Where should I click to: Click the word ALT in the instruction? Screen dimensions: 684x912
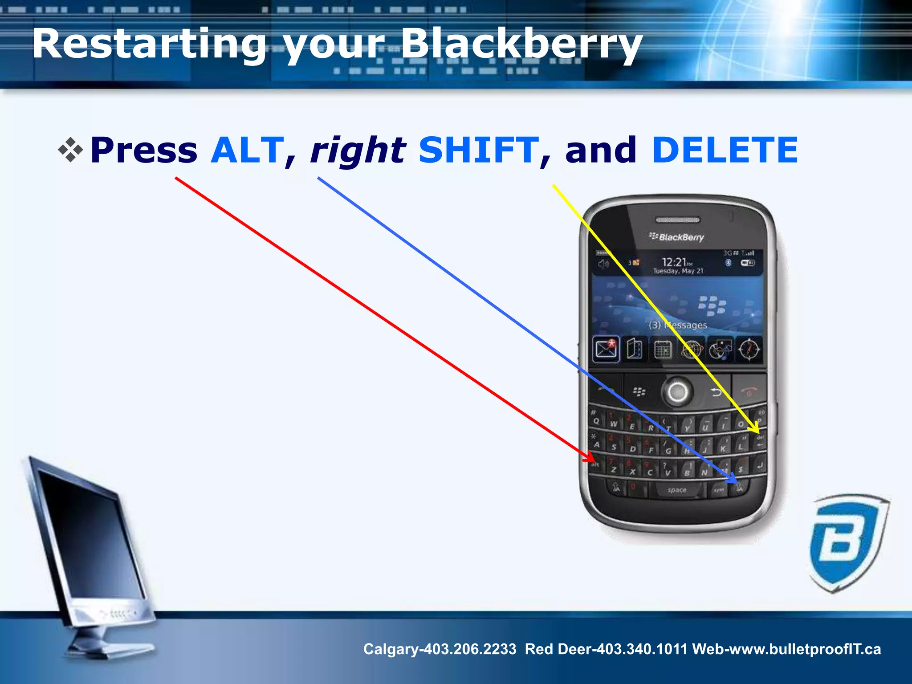point(247,150)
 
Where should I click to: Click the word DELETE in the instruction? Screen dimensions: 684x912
point(725,150)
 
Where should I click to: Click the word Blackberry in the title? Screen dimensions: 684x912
point(521,45)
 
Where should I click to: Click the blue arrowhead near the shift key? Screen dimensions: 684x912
point(735,481)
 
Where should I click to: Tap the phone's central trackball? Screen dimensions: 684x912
point(677,392)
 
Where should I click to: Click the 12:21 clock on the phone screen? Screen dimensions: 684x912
point(674,262)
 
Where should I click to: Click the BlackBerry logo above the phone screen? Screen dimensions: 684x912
point(677,237)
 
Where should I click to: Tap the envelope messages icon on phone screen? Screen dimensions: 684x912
point(606,349)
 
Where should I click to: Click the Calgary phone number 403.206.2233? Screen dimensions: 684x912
point(470,649)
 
